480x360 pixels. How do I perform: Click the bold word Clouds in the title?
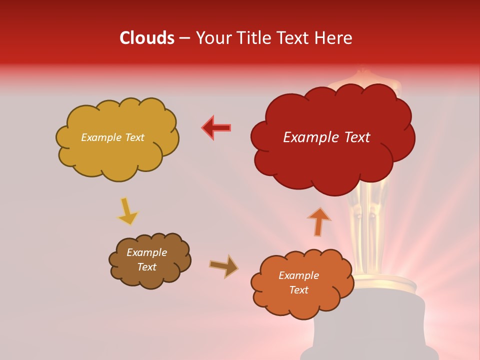(146, 38)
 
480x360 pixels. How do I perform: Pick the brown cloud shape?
(149, 260)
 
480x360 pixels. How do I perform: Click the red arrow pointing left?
(216, 127)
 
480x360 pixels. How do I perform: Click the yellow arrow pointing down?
(127, 211)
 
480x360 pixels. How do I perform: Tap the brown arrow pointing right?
(223, 266)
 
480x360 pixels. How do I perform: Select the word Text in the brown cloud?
(146, 267)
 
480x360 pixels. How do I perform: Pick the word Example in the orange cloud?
(298, 275)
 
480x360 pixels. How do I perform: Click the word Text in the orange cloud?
(298, 290)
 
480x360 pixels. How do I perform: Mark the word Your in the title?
(209, 38)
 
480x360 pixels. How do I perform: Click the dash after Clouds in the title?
(184, 38)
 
